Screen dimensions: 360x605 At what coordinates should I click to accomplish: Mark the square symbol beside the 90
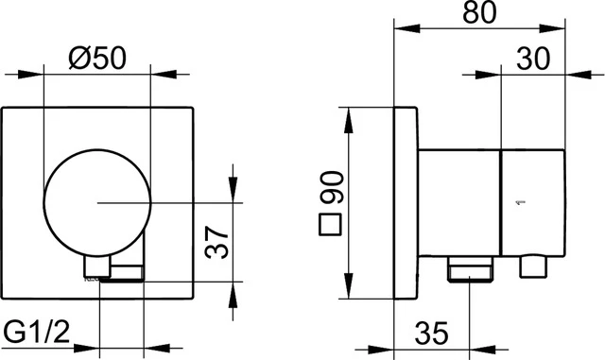[x=330, y=226]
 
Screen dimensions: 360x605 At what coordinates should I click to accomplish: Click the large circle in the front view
[x=97, y=202]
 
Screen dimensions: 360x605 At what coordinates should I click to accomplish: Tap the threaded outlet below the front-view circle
[x=122, y=274]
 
